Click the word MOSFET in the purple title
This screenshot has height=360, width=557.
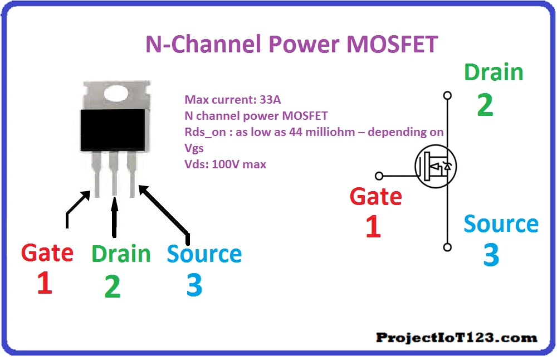(x=392, y=45)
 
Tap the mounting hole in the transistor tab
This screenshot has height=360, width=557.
(x=116, y=94)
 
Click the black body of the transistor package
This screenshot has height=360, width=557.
(x=113, y=130)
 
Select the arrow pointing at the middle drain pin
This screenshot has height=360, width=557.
(x=114, y=216)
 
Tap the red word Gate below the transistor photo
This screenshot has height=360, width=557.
(x=47, y=253)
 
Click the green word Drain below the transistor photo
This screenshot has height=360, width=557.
(x=121, y=254)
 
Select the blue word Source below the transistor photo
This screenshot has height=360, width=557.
(x=204, y=254)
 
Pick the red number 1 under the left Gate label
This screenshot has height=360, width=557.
(x=45, y=283)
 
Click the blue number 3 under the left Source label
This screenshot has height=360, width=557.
(x=194, y=285)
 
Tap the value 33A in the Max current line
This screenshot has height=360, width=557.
(x=270, y=100)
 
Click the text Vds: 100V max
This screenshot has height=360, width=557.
(x=225, y=164)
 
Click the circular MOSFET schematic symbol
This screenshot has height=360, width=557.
(x=436, y=166)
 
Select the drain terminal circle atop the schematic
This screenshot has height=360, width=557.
(x=448, y=95)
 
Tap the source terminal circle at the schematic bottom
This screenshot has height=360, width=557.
(x=448, y=247)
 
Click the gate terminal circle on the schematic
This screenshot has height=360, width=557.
(x=379, y=176)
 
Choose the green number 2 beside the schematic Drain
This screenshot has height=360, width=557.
(x=485, y=104)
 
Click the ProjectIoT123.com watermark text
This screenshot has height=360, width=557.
(x=457, y=338)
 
